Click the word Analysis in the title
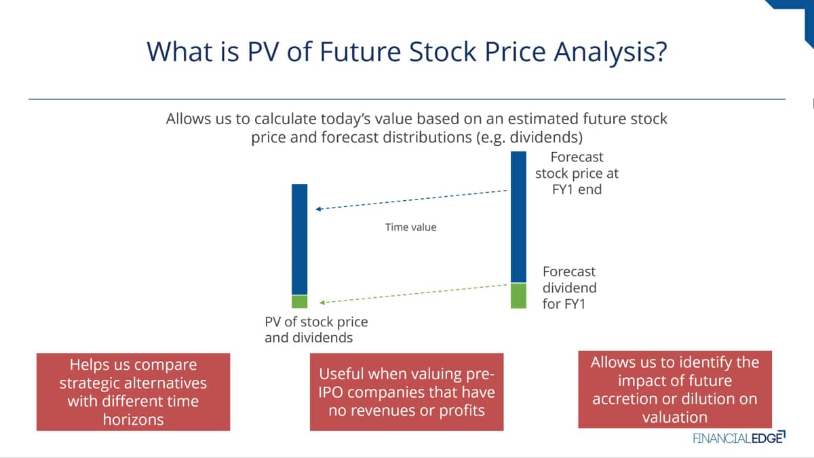tap(610, 52)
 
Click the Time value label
tap(410, 227)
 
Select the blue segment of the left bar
tap(299, 239)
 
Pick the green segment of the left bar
tap(299, 301)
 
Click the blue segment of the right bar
tap(518, 217)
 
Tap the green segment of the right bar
tap(518, 296)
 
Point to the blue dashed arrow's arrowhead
tap(318, 209)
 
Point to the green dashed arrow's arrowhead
tap(322, 302)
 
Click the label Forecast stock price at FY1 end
tap(577, 174)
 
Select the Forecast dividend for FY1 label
tap(569, 288)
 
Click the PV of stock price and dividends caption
tap(316, 330)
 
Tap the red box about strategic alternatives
tap(134, 392)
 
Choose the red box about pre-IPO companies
tap(406, 392)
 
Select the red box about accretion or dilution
tap(675, 389)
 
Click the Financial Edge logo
tap(739, 438)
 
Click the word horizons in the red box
tap(134, 419)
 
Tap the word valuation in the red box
tap(675, 417)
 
